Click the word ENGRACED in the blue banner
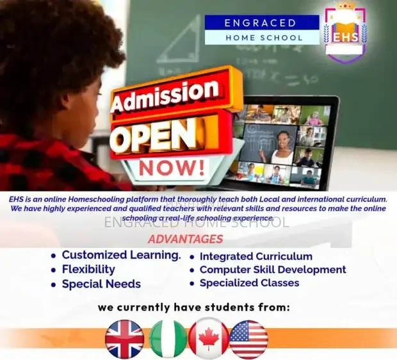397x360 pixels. click(x=260, y=23)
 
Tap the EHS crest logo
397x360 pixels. click(x=346, y=33)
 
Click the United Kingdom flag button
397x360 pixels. click(x=125, y=339)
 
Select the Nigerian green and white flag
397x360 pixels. click(x=168, y=339)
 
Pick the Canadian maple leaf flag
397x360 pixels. click(x=209, y=339)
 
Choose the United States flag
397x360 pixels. click(x=248, y=339)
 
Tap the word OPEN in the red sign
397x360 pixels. click(x=155, y=135)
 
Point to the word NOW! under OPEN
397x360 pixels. click(x=172, y=168)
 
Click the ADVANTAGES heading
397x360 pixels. click(x=186, y=239)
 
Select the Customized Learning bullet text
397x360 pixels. click(x=122, y=255)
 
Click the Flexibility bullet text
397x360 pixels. click(x=88, y=270)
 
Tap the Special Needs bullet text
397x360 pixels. click(x=102, y=284)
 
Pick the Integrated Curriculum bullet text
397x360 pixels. click(x=256, y=256)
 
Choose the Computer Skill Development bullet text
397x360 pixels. click(x=273, y=270)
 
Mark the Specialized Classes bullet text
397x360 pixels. click(x=249, y=282)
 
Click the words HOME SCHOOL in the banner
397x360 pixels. click(x=264, y=38)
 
